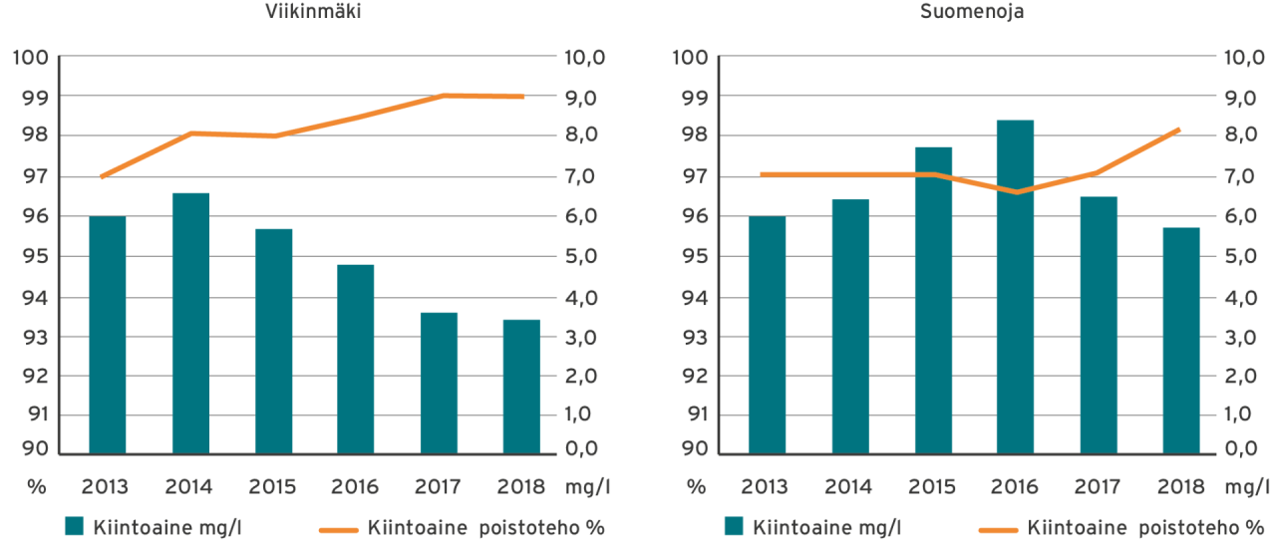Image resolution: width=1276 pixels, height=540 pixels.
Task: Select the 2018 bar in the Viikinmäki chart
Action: click(x=521, y=386)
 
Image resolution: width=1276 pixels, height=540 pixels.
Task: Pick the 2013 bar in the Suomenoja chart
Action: click(x=767, y=335)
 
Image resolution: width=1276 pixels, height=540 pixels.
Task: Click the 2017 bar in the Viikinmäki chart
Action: click(x=439, y=383)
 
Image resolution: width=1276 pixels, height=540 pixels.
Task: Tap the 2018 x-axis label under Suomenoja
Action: click(x=1180, y=487)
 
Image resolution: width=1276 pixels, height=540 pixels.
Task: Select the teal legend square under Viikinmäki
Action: click(x=75, y=525)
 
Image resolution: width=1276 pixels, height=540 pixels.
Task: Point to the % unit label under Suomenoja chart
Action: click(x=695, y=487)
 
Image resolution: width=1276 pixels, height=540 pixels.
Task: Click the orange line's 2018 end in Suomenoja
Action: click(x=1179, y=129)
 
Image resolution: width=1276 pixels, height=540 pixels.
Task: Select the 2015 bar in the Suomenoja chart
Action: click(x=932, y=300)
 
